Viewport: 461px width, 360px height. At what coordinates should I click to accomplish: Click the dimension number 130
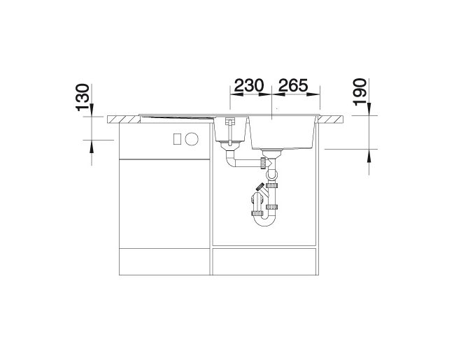tap(83, 97)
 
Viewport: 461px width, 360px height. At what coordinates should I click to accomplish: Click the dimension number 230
tap(249, 85)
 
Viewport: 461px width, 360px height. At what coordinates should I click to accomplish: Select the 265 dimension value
tap(293, 85)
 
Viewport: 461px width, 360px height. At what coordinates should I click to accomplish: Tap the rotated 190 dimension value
tap(360, 92)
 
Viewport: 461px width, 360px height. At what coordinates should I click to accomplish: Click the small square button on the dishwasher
tap(177, 138)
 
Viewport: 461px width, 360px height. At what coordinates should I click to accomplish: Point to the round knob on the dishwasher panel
tap(192, 138)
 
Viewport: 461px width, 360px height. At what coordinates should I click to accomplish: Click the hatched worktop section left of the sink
tap(124, 120)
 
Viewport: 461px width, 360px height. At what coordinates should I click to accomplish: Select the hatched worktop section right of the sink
tap(331, 120)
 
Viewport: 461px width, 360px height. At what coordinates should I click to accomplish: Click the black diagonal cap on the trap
tap(260, 187)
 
